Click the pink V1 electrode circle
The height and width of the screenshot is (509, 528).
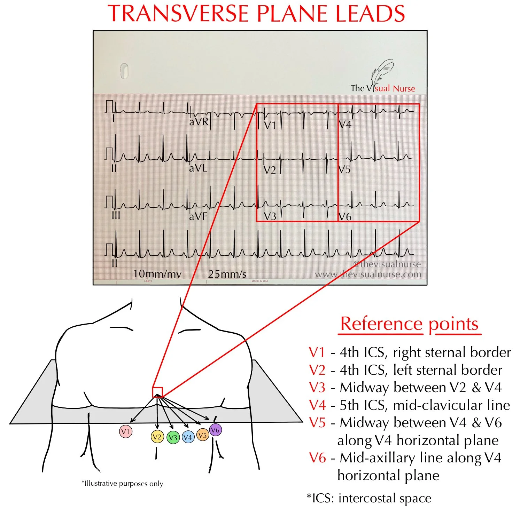point(125,432)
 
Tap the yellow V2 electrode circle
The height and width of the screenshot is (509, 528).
point(157,437)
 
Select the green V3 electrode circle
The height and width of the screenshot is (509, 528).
point(173,437)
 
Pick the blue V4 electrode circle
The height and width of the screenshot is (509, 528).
point(188,437)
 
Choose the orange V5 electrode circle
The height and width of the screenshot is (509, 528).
point(203,435)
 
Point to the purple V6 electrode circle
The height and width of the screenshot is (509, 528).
point(215,430)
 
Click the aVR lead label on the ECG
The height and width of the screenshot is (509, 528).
point(199,122)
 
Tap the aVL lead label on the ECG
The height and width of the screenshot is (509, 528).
point(198,168)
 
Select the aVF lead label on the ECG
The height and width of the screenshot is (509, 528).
point(198,216)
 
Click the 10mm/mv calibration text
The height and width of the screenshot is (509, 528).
point(157,274)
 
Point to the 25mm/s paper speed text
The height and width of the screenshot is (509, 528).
point(227,274)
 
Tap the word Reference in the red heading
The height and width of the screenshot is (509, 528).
point(381,324)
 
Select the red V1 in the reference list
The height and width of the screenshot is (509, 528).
point(317,352)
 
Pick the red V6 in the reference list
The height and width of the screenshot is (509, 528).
point(317,458)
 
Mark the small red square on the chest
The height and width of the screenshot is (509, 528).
point(157,392)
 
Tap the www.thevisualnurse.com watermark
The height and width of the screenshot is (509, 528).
point(368,274)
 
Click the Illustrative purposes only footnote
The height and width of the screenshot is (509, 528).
point(122,483)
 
